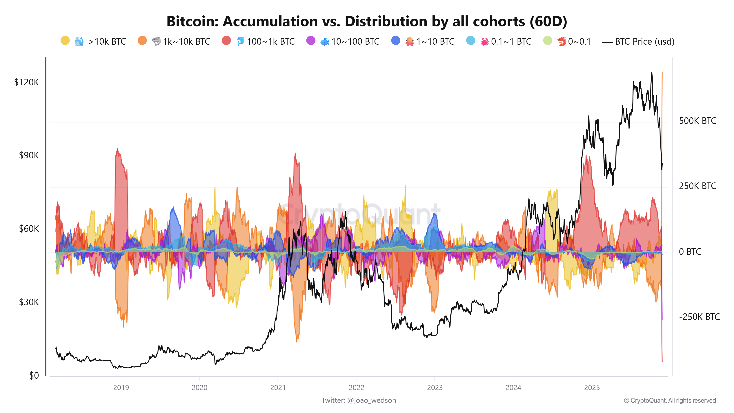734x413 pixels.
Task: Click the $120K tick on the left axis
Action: (26, 82)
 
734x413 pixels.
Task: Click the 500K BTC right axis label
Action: (697, 121)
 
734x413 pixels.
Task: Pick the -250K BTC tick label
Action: (699, 317)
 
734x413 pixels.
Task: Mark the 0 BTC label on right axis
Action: (690, 252)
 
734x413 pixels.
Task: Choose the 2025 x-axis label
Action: (592, 388)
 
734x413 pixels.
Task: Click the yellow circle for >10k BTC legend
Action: (65, 40)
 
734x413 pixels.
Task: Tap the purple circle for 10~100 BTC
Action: (311, 40)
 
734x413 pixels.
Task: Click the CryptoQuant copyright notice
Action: (670, 401)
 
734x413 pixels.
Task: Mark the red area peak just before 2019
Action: (117, 149)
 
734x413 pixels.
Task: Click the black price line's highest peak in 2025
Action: (652, 73)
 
